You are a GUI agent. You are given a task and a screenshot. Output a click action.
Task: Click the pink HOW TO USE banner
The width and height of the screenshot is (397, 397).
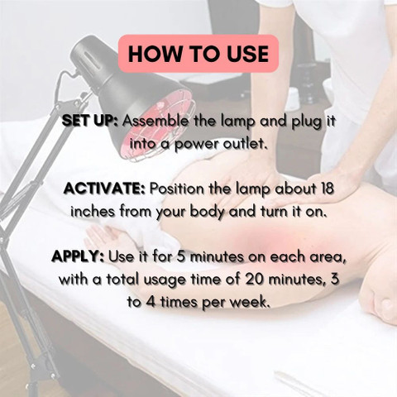[198, 54]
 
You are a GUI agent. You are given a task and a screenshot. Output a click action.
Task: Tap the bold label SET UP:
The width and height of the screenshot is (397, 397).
[90, 121]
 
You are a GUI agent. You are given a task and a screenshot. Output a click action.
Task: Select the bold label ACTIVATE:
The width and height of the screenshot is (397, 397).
[104, 189]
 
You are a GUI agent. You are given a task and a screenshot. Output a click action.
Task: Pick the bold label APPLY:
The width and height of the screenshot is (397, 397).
[78, 257]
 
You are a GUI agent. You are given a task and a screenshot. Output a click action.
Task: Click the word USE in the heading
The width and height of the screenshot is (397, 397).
[247, 54]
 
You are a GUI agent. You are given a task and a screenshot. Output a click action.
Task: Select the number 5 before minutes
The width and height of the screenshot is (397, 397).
[181, 257]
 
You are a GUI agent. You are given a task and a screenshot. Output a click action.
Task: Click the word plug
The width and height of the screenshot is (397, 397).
[307, 122]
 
